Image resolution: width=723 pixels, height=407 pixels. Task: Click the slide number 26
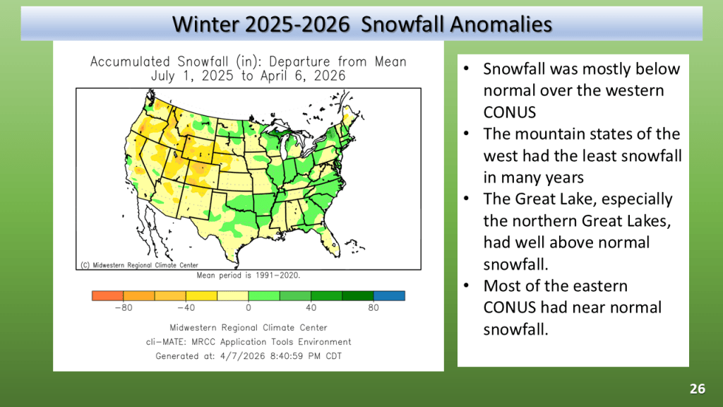click(697, 389)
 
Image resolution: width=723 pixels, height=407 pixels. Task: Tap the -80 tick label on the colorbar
click(124, 308)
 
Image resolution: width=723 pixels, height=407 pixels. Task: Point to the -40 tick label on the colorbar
click(186, 308)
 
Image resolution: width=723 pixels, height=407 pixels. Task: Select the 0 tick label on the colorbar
click(249, 308)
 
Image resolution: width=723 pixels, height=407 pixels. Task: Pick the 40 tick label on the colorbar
click(311, 308)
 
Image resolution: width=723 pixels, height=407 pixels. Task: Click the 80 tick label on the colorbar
click(374, 308)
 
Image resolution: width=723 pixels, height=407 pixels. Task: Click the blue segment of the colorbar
click(389, 296)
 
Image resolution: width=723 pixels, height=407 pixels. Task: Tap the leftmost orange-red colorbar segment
click(107, 296)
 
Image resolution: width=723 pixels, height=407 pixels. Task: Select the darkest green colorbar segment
click(358, 296)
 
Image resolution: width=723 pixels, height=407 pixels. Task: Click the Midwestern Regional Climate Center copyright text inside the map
click(139, 266)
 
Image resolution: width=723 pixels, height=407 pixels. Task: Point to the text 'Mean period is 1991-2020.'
click(249, 276)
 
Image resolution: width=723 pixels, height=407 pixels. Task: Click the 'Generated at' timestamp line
click(249, 356)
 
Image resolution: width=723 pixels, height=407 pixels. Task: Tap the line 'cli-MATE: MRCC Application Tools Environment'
click(249, 342)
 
